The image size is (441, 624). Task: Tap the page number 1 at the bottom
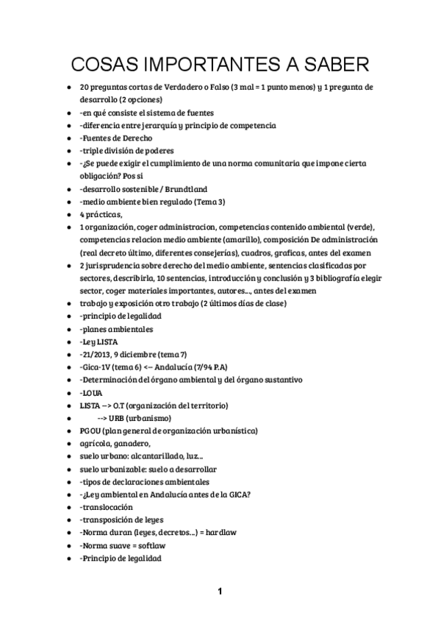pyautogui.click(x=220, y=591)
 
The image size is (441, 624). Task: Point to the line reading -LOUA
pyautogui.click(x=91, y=393)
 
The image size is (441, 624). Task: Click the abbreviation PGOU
pyautogui.click(x=90, y=430)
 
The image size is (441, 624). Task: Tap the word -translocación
pyautogui.click(x=107, y=507)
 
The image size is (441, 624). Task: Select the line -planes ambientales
pyautogui.click(x=115, y=329)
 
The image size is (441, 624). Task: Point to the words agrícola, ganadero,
pyautogui.click(x=115, y=443)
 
